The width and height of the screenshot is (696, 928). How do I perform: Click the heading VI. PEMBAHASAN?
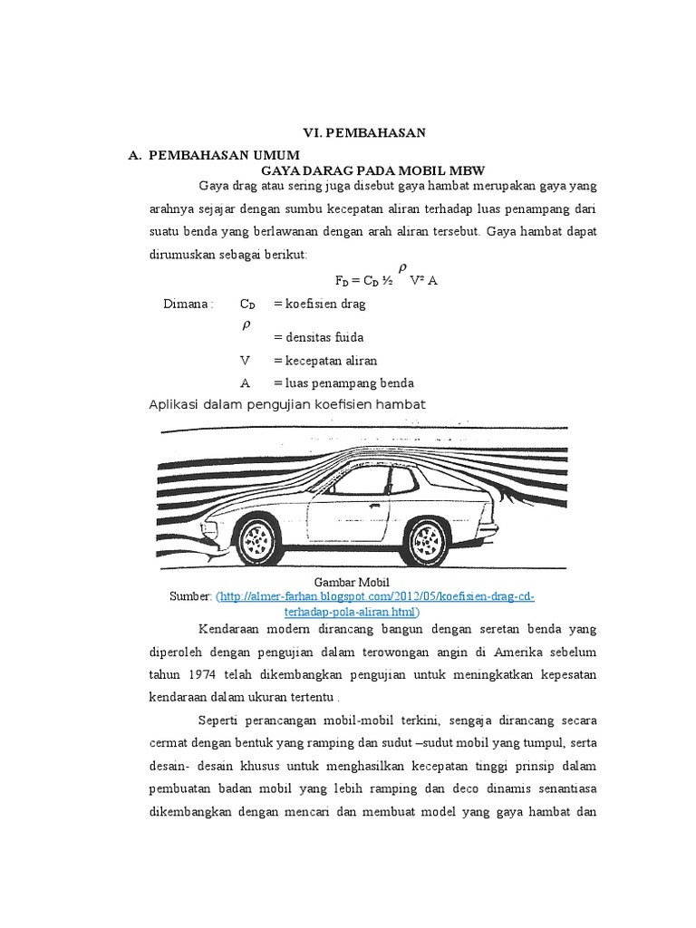point(363,133)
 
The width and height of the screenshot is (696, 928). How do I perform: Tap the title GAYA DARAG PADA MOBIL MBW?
point(373,170)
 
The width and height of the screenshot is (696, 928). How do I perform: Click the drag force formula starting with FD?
point(387,281)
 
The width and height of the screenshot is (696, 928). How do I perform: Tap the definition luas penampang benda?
point(339,382)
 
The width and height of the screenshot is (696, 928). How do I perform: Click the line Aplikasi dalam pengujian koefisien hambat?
point(286,403)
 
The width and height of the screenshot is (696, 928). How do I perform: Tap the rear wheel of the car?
point(429,541)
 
